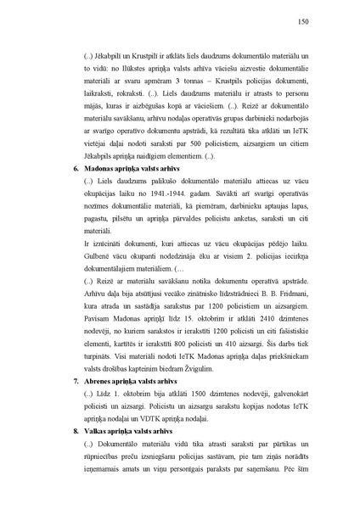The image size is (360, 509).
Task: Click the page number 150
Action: [x=302, y=23]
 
